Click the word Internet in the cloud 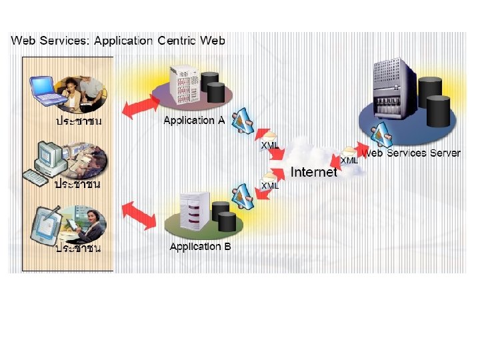pyautogui.click(x=315, y=172)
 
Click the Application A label pyautogui.click(x=194, y=121)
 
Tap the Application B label pyautogui.click(x=200, y=247)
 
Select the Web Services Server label pyautogui.click(x=411, y=153)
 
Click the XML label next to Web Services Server pyautogui.click(x=349, y=161)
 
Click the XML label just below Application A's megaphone pyautogui.click(x=270, y=145)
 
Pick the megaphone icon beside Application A pyautogui.click(x=242, y=120)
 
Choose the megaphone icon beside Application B pyautogui.click(x=241, y=195)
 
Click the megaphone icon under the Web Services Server pyautogui.click(x=381, y=135)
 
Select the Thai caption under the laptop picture pyautogui.click(x=78, y=121)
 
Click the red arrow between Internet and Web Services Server pyautogui.click(x=350, y=153)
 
